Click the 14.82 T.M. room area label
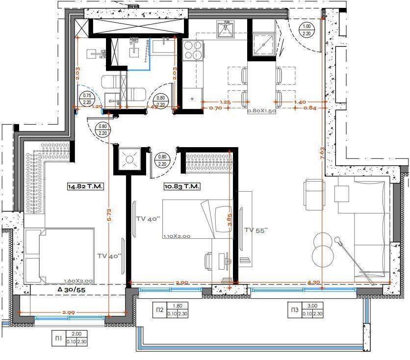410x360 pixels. tap(86, 186)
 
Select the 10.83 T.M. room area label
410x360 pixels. tap(181, 187)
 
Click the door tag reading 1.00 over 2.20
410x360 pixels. tap(307, 30)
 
